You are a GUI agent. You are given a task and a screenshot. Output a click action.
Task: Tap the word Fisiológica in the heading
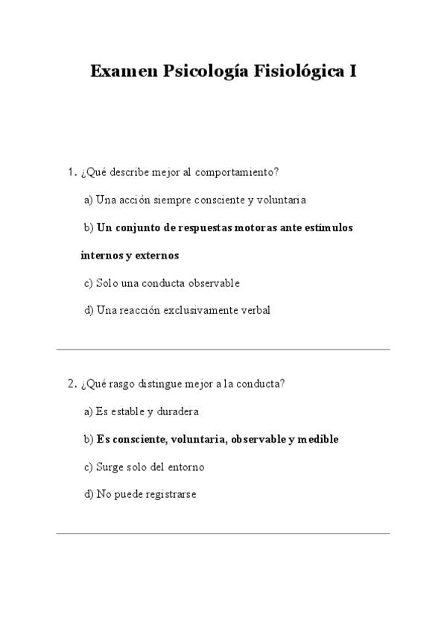(295, 72)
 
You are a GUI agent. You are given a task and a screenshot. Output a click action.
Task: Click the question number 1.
(71, 172)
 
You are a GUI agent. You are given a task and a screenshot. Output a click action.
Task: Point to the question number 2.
(71, 384)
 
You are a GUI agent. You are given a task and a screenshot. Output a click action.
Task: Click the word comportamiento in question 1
(237, 173)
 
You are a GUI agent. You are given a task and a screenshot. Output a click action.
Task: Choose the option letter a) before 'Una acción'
(89, 200)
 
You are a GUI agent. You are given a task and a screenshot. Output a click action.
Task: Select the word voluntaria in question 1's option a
(281, 200)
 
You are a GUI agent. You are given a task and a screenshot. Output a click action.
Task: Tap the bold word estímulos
(329, 227)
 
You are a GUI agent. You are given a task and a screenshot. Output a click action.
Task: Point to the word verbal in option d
(256, 310)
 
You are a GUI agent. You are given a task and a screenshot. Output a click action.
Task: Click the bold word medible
(318, 439)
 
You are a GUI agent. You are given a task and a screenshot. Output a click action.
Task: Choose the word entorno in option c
(186, 467)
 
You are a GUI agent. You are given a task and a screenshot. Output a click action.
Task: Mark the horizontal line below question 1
(223, 349)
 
